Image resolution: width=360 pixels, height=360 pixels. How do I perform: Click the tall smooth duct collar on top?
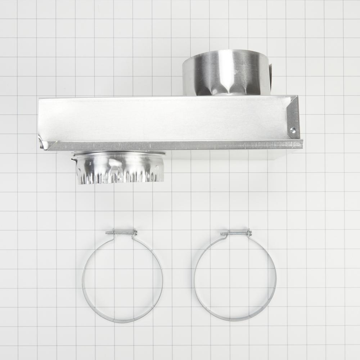pos(226,72)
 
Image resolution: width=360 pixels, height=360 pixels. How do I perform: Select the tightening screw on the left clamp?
pos(121,233)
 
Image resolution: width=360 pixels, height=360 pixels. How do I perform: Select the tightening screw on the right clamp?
pos(236,233)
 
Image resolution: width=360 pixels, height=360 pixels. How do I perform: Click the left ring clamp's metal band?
pos(84,277)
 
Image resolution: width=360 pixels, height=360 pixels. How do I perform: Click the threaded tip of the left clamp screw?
pos(107,233)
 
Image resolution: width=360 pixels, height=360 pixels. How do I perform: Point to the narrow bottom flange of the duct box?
pos(173,145)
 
